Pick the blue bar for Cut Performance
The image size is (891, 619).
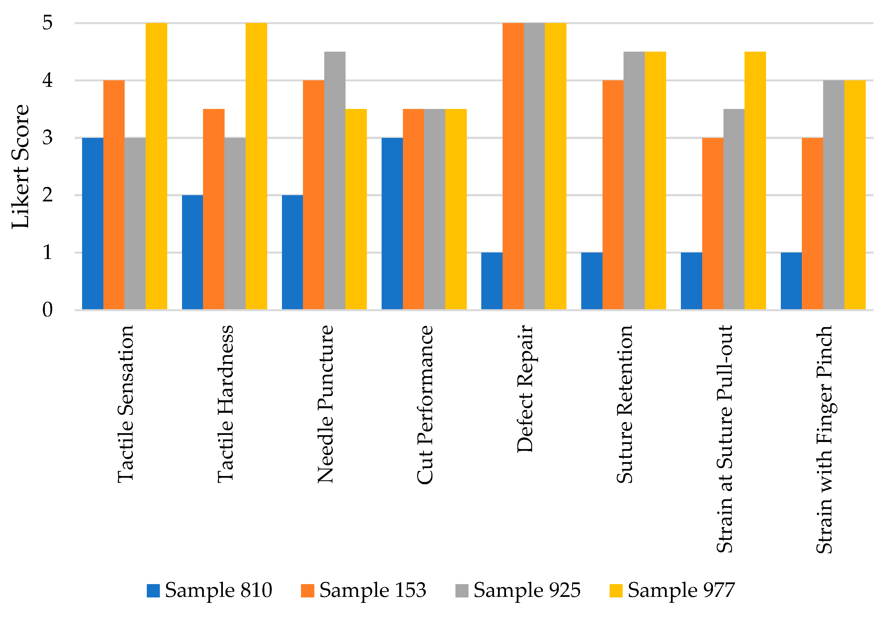(392, 224)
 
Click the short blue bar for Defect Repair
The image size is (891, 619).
(492, 281)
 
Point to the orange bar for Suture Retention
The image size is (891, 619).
(613, 195)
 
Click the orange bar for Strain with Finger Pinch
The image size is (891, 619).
(812, 224)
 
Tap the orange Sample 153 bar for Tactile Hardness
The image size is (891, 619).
(214, 209)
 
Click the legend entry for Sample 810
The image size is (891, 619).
(210, 590)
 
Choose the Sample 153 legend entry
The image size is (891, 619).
(364, 590)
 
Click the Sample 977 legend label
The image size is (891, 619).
(681, 590)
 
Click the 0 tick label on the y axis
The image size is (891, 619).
(47, 310)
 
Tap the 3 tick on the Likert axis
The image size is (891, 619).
(47, 138)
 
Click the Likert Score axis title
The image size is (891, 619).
(20, 167)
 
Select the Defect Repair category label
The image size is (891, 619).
(525, 389)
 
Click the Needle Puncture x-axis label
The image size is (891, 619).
(325, 404)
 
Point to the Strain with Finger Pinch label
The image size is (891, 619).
(824, 439)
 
